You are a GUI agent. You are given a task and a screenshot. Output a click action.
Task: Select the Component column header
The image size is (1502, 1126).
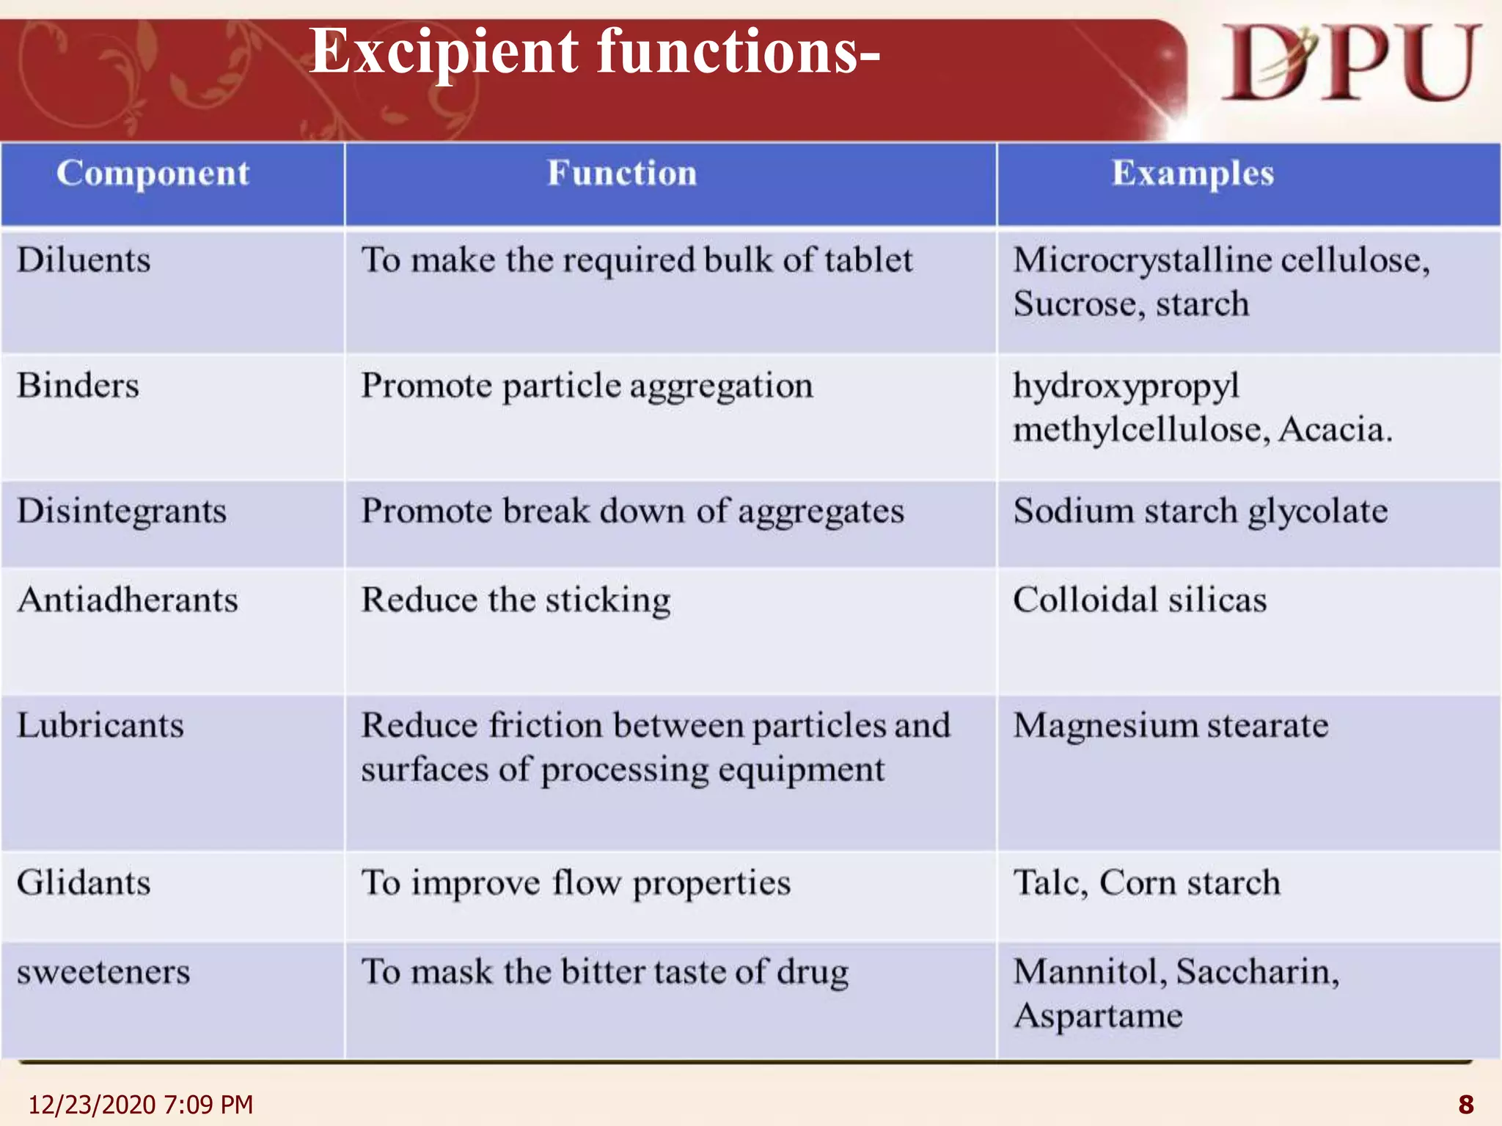tap(153, 174)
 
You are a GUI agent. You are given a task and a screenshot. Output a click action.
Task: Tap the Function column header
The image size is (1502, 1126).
tap(622, 174)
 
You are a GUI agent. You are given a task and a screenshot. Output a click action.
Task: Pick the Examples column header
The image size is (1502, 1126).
tap(1193, 174)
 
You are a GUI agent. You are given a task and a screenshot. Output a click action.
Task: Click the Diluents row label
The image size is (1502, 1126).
tap(84, 260)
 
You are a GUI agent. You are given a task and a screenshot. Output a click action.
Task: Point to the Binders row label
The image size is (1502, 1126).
tap(78, 386)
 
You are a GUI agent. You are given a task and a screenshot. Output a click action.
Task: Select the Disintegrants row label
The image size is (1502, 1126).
tap(122, 511)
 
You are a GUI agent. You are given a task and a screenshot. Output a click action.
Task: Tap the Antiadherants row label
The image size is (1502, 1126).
tap(128, 600)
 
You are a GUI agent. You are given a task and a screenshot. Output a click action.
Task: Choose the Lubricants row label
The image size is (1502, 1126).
tap(100, 726)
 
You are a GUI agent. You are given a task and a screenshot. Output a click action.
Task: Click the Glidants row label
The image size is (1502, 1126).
tap(84, 883)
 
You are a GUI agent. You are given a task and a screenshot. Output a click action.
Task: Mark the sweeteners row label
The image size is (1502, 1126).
tap(103, 972)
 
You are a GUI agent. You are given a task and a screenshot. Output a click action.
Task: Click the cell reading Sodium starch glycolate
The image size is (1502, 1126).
tap(1200, 511)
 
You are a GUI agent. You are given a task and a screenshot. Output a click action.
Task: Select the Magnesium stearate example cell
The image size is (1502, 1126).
tap(1171, 726)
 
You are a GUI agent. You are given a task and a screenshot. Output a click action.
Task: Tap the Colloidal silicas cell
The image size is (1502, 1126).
tap(1140, 600)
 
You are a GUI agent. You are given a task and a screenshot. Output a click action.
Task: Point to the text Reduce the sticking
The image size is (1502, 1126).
tap(516, 600)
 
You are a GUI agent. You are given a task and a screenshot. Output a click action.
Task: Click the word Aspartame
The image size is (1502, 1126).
tap(1098, 1016)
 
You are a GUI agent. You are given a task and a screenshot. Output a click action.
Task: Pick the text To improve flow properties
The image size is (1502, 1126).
tap(576, 883)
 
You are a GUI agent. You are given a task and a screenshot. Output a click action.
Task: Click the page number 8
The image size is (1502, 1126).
tap(1465, 1104)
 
